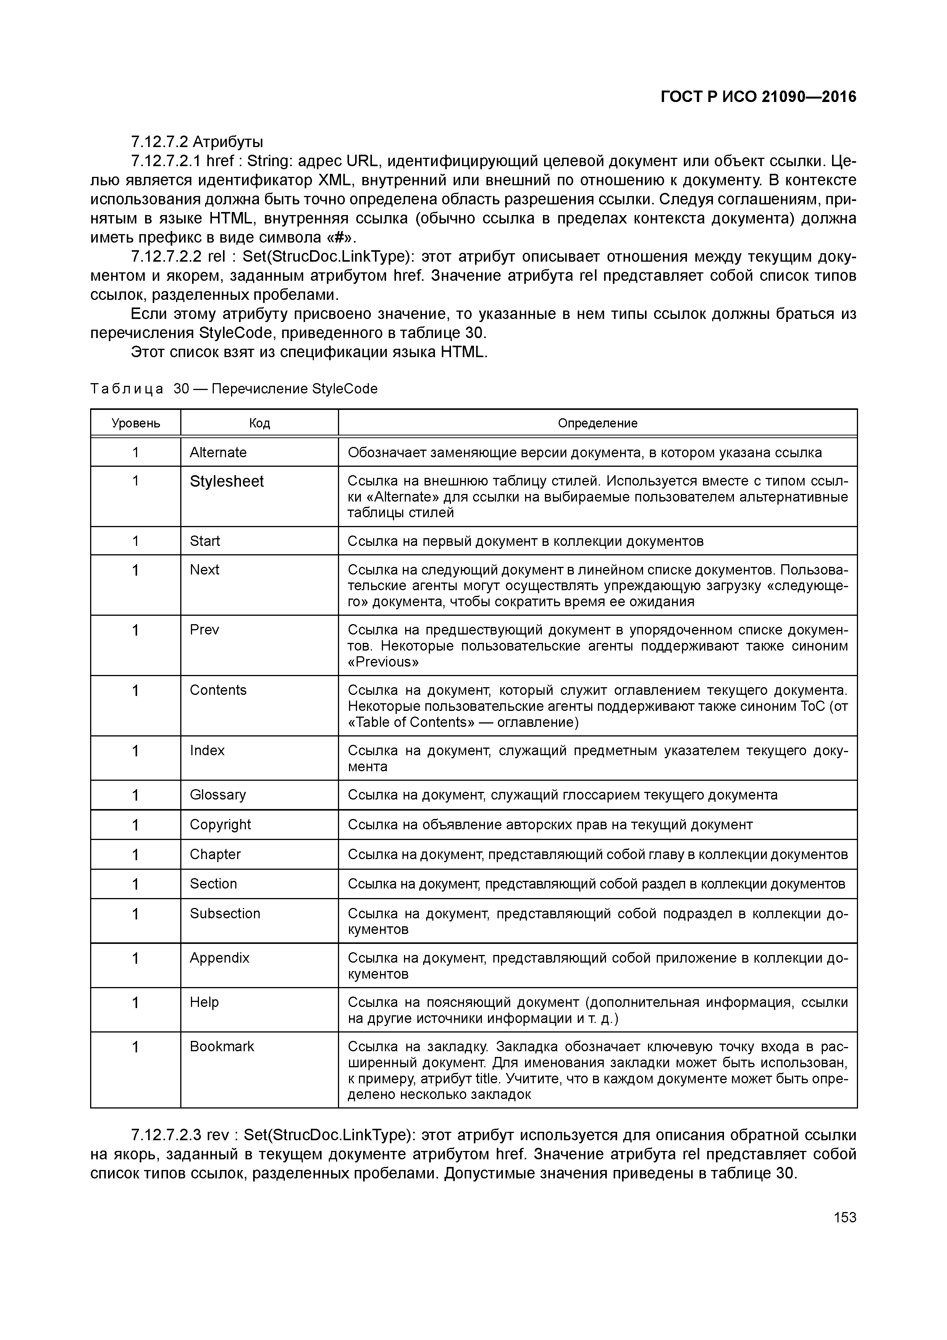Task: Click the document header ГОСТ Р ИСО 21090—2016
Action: click(x=758, y=97)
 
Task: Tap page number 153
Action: click(x=844, y=1217)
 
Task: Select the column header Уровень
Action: click(x=136, y=423)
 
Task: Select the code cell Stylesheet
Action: click(x=226, y=481)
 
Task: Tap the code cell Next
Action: click(x=204, y=570)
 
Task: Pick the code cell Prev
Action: click(x=204, y=630)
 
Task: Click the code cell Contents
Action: click(x=218, y=690)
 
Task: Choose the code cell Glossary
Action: click(x=218, y=795)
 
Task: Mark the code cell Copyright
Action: click(x=220, y=825)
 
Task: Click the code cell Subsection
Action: click(x=225, y=913)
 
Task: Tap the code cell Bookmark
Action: click(x=222, y=1046)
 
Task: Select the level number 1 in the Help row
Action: click(x=136, y=1003)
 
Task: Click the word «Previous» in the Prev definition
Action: click(x=383, y=662)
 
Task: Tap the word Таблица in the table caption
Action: click(x=127, y=389)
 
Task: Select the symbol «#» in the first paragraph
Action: click(x=338, y=238)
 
